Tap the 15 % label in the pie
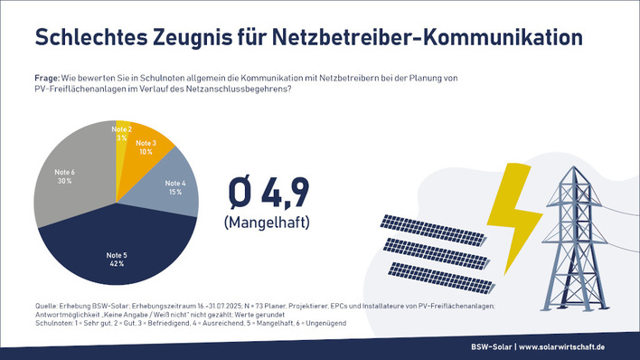click(174, 193)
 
